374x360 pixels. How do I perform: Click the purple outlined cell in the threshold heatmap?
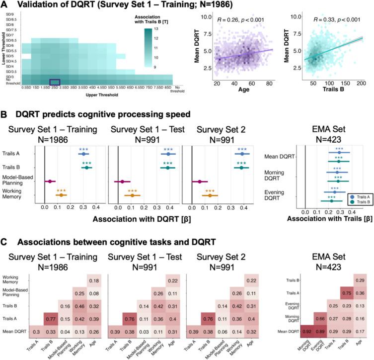(x=55, y=83)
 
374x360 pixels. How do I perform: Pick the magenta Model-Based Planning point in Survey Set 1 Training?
(x=50, y=181)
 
